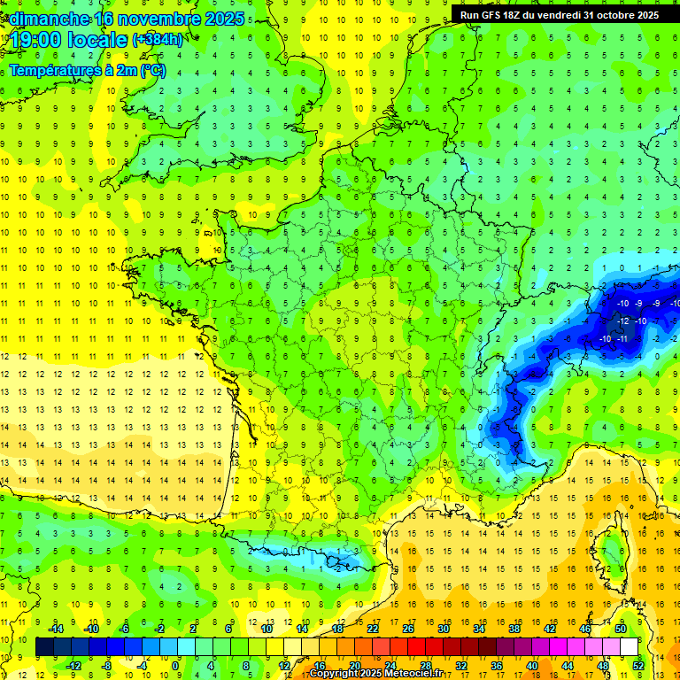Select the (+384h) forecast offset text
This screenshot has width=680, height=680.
click(x=157, y=39)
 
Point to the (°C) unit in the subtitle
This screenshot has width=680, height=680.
click(x=151, y=70)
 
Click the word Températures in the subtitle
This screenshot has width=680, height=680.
click(x=53, y=70)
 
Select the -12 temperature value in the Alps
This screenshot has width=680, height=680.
click(x=625, y=321)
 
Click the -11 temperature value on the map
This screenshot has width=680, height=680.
click(x=623, y=338)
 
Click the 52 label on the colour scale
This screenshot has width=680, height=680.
click(x=637, y=666)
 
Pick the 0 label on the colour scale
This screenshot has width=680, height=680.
click(x=175, y=666)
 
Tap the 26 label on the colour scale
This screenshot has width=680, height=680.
click(x=407, y=629)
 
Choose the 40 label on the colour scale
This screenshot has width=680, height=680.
click(x=531, y=666)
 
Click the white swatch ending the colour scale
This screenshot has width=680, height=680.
click(x=629, y=647)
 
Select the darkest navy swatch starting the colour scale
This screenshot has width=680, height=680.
click(x=44, y=647)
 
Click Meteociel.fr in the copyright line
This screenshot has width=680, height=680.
click(x=416, y=674)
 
